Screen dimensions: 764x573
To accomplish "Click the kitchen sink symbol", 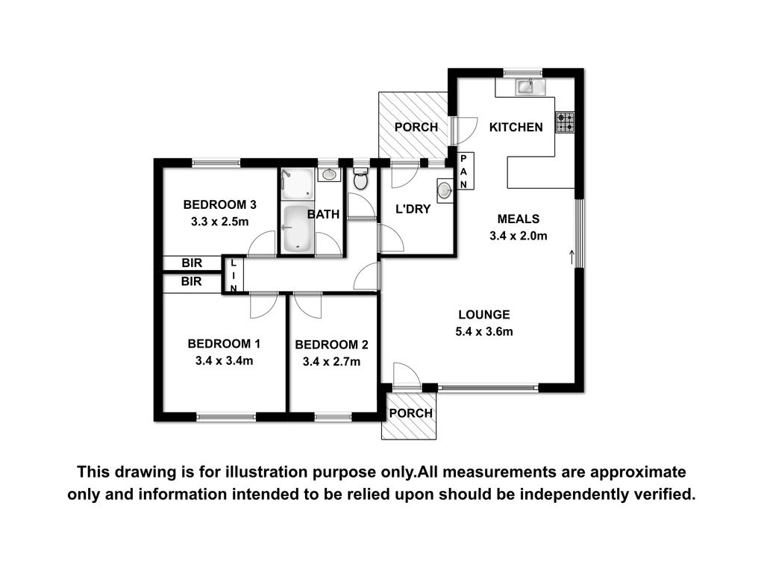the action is point(526,87).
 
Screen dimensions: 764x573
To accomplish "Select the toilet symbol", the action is point(360,179).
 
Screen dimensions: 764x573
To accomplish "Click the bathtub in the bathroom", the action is point(298,228).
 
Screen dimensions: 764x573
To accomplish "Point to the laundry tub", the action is point(445,190).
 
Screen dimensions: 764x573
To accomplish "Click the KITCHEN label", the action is point(516,127).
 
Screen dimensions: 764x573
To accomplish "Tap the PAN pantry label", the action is point(463,172).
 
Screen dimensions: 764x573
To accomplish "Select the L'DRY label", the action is point(413,209).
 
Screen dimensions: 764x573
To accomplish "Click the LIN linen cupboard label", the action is point(234,276).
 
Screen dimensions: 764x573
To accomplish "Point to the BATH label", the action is point(324,214).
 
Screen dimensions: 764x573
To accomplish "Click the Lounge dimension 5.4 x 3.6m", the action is point(484,332).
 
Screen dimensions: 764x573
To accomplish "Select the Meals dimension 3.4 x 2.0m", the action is point(519,236).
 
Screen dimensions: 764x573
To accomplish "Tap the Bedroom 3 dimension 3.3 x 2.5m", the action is point(220,222).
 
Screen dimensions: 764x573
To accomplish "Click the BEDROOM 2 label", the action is point(331,345).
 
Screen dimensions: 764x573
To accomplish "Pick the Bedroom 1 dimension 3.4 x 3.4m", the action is point(224,361).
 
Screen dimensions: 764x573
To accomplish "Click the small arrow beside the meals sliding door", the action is point(572,257).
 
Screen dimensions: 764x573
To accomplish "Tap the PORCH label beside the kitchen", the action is point(416,127).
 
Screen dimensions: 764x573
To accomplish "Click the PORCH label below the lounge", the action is point(411,413).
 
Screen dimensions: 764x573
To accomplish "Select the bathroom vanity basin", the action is point(329,173).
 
